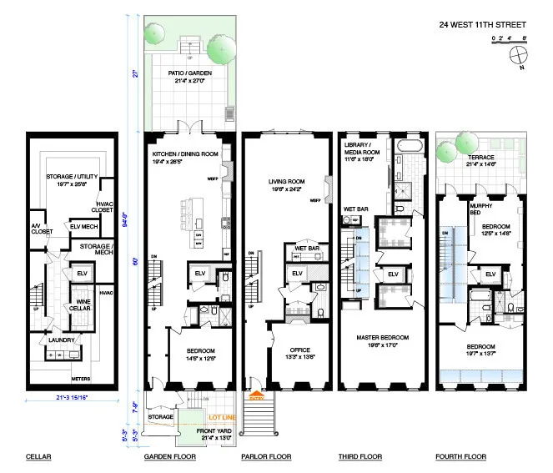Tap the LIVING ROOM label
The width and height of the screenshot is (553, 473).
click(285, 183)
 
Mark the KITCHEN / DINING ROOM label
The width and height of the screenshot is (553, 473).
click(184, 155)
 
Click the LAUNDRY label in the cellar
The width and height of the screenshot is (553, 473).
click(63, 340)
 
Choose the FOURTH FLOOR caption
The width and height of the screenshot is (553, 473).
click(461, 456)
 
